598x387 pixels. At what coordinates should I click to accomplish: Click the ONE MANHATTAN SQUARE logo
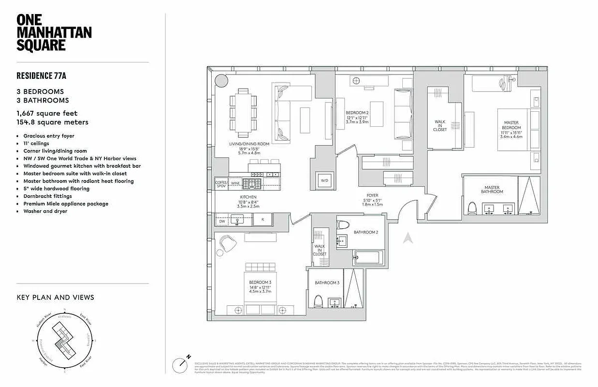pos(54,33)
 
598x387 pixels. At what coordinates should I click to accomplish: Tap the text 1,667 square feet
pos(47,114)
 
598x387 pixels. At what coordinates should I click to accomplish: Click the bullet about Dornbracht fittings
pos(47,196)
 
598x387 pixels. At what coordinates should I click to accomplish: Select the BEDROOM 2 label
pos(357,113)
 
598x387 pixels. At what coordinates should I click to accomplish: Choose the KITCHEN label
pos(248,197)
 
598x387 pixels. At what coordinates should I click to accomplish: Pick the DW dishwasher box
pos(222,221)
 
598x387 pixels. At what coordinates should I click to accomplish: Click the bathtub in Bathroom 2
pos(368,258)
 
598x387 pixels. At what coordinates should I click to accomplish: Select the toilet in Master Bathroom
pos(472,208)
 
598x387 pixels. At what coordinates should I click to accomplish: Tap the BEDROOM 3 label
pos(259,282)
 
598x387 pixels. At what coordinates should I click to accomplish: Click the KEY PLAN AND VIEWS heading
pos(55,298)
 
